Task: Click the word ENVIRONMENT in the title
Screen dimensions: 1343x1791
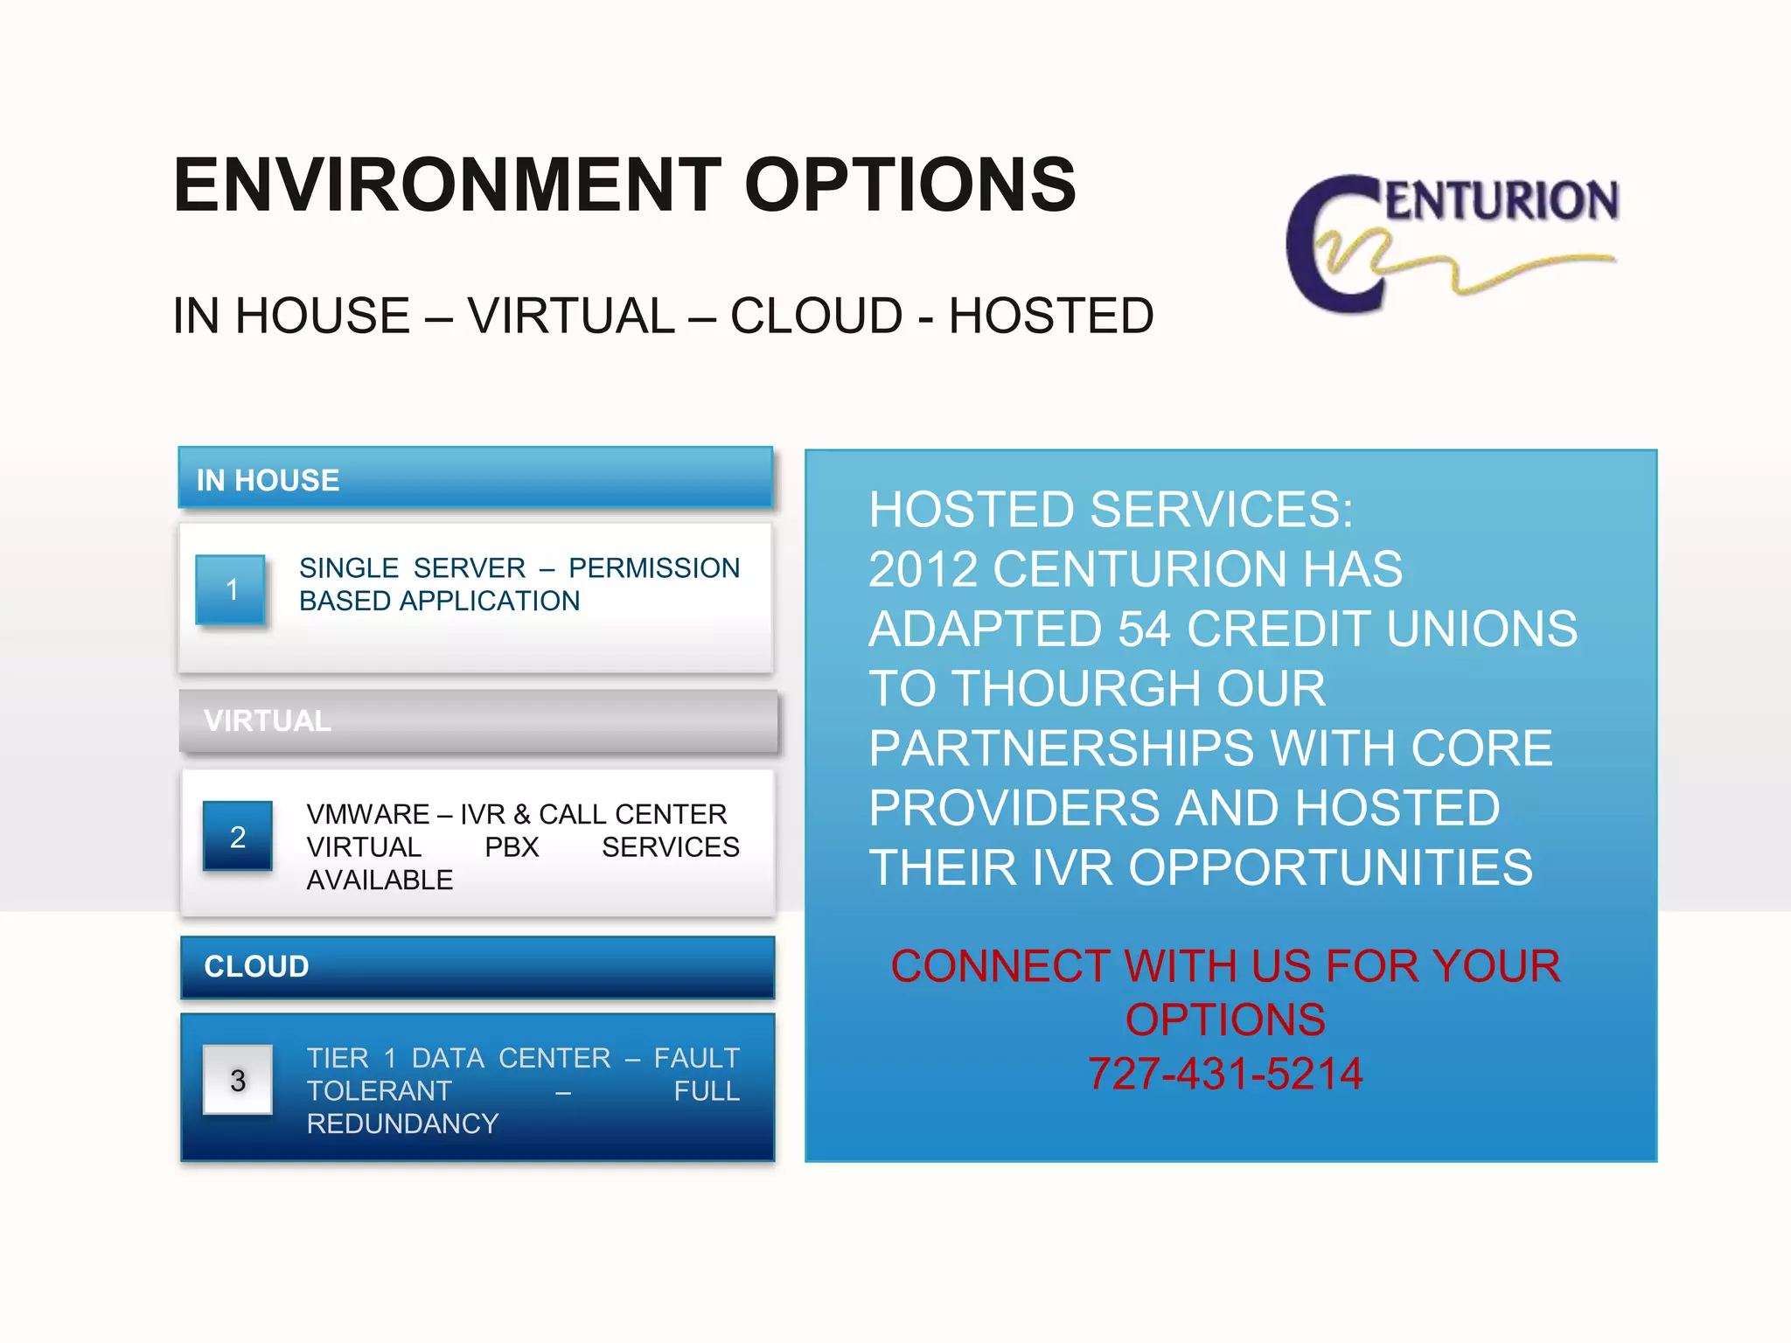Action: [447, 184]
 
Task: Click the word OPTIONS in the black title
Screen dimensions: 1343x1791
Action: [909, 184]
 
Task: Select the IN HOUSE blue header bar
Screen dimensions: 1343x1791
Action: [476, 478]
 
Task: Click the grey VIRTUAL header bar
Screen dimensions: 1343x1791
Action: [477, 720]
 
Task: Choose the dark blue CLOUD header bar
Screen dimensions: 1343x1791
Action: [477, 966]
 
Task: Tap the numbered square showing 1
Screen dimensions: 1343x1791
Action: [231, 589]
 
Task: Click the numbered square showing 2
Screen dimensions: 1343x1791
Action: [237, 837]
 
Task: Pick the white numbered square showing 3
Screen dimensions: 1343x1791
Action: [237, 1080]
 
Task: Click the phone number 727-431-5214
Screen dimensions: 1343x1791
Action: [1225, 1074]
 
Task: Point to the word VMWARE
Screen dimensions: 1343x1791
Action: [367, 814]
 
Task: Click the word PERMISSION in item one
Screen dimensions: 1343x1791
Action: [654, 567]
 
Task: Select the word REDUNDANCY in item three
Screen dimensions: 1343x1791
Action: [402, 1124]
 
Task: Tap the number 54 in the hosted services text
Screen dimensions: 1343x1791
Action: [1144, 629]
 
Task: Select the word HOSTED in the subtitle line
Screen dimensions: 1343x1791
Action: [1051, 316]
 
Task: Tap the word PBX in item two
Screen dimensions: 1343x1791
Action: [512, 847]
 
